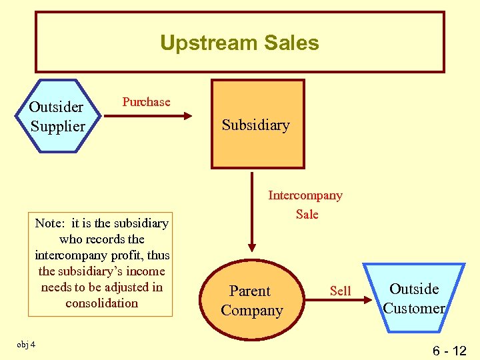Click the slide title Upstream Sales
click(239, 43)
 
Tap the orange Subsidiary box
click(257, 125)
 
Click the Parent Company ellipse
click(252, 301)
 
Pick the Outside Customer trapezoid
click(414, 298)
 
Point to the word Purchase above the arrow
click(146, 102)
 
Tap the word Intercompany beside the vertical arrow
click(305, 195)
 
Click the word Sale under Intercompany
click(307, 214)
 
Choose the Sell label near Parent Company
click(340, 291)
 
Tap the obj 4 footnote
click(27, 344)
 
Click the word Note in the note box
click(49, 223)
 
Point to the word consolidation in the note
click(102, 303)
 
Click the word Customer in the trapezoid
click(414, 308)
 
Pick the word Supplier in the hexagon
click(58, 126)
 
